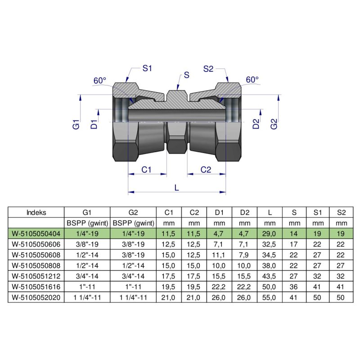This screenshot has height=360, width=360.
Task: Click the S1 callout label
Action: coord(148,68)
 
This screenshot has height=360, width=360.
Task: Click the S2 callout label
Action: coord(208,68)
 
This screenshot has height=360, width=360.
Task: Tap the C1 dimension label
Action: coord(147,170)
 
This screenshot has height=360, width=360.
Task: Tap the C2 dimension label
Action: coord(206,170)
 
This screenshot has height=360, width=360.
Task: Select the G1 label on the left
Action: coord(76,125)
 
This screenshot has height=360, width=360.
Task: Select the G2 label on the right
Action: coord(274,125)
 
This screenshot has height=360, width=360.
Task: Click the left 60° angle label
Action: coord(99,81)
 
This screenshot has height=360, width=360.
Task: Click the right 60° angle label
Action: coord(252,80)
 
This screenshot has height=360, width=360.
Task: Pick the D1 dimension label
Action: coord(94,125)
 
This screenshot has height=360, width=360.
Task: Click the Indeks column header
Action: coord(36,212)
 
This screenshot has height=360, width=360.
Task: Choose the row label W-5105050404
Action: coord(36,233)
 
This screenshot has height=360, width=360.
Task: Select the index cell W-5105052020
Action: coord(36,297)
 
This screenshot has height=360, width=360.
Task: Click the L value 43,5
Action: coord(269,276)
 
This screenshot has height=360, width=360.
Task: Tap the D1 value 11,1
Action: coord(219,254)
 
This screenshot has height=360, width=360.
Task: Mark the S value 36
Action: coord(294,286)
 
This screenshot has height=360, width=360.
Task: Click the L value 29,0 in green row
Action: coord(269,233)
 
